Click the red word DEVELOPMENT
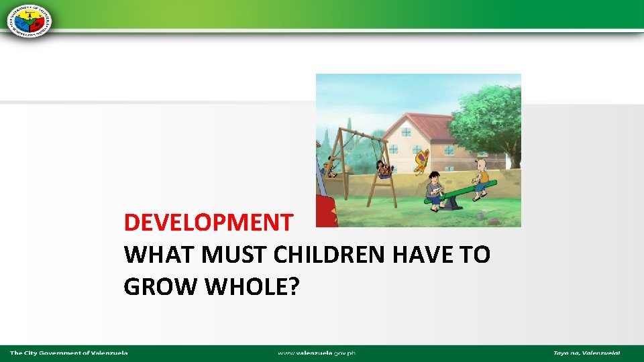pos(208,222)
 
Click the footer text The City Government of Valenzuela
pos(68,353)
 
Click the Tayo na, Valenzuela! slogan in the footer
pos(586,353)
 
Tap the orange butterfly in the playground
pos(421,162)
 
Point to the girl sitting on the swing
pos(383,168)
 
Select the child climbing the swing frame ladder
pos(328,166)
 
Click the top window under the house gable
pos(407,131)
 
